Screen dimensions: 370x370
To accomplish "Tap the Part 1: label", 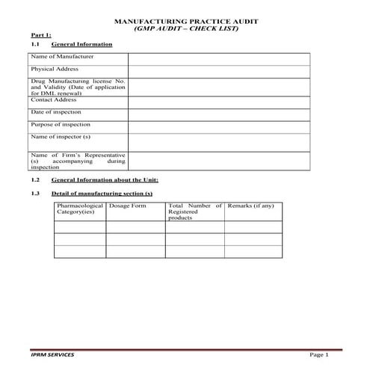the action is (41, 35).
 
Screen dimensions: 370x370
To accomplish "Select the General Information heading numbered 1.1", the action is (82, 44).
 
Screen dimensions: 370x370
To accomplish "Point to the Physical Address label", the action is (53, 69).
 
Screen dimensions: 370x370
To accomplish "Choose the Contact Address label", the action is (53, 99).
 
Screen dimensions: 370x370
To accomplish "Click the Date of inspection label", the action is (56, 112).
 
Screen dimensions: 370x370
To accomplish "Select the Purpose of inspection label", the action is (60, 124).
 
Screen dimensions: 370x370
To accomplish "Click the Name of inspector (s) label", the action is (60, 137).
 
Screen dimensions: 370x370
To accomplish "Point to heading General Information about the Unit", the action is (105, 180).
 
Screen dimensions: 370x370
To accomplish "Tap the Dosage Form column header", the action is (128, 206).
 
